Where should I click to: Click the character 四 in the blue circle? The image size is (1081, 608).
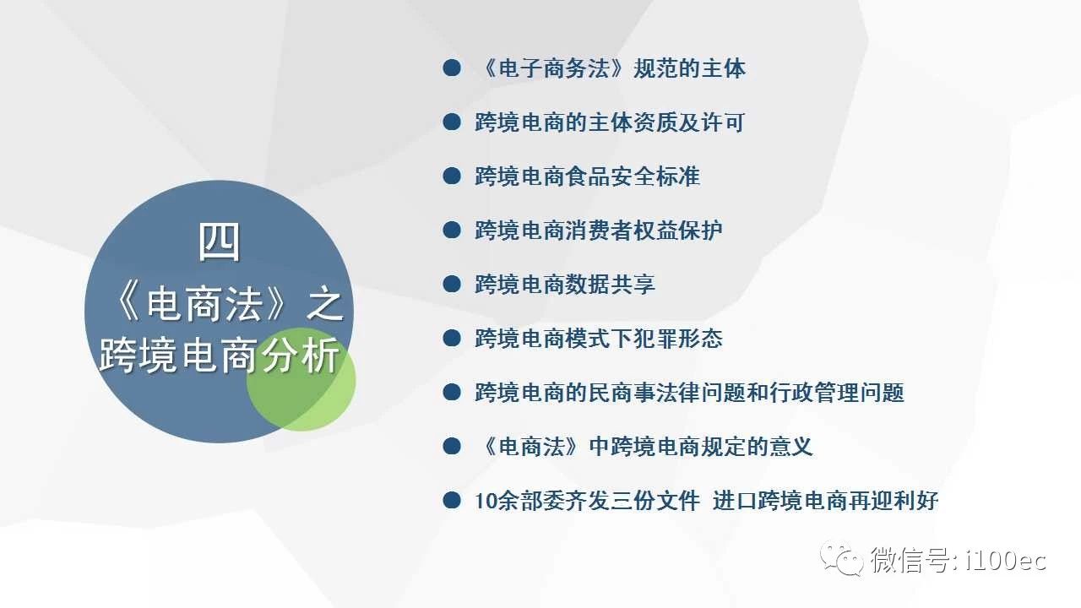219,242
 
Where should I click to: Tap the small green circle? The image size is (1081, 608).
301,379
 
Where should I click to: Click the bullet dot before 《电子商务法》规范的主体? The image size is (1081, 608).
452,68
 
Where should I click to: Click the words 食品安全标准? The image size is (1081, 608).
632,176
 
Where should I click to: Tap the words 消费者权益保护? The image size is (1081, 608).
644,231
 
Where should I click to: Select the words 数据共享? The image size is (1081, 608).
610,285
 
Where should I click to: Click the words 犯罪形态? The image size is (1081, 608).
677,339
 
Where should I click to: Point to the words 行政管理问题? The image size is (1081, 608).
836,393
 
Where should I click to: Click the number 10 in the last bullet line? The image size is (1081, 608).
486,501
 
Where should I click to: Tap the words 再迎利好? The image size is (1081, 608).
893,501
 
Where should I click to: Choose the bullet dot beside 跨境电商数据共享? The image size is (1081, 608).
452,285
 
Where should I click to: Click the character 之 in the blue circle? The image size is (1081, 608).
324,305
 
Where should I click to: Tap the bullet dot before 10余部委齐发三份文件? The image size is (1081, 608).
452,501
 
